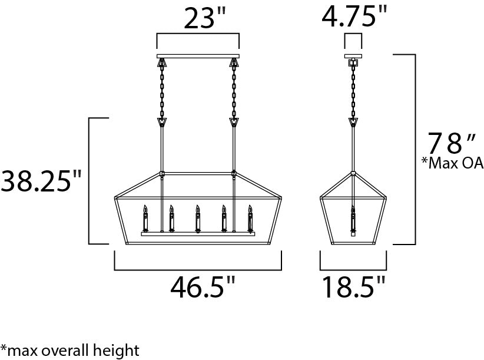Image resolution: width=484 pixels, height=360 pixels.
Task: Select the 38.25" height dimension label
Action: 40,181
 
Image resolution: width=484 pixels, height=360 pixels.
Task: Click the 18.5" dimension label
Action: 353,288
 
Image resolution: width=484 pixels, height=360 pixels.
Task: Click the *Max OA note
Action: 452,163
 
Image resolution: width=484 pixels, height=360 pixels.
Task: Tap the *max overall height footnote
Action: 69,351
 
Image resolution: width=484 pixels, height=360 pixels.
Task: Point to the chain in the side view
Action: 353,91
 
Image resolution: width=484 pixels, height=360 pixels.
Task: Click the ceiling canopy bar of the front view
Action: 197,57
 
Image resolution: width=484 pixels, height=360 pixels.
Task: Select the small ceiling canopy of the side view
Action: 353,57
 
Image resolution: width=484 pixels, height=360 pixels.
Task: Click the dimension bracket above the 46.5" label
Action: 197,269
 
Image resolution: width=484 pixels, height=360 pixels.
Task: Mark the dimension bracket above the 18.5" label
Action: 353,269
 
